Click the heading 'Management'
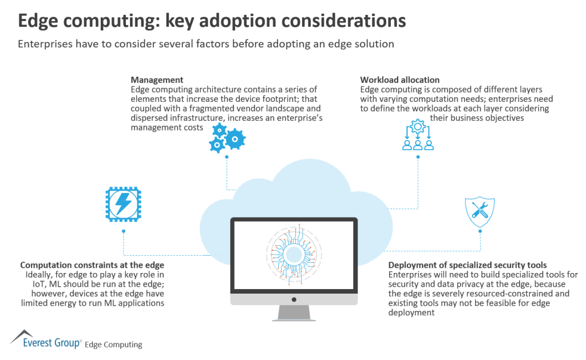[157, 80]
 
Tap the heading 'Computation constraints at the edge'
[92, 265]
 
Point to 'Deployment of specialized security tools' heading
[468, 265]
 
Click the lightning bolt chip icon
[123, 204]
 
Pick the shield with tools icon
[480, 212]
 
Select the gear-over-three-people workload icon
[417, 135]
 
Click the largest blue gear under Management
[235, 139]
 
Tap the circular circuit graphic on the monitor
[294, 252]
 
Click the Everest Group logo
[46, 339]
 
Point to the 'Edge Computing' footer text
[113, 345]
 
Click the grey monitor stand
[293, 311]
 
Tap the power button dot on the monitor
[294, 298]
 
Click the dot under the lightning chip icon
[123, 231]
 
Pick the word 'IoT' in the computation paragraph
[27, 284]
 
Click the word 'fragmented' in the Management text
[198, 109]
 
